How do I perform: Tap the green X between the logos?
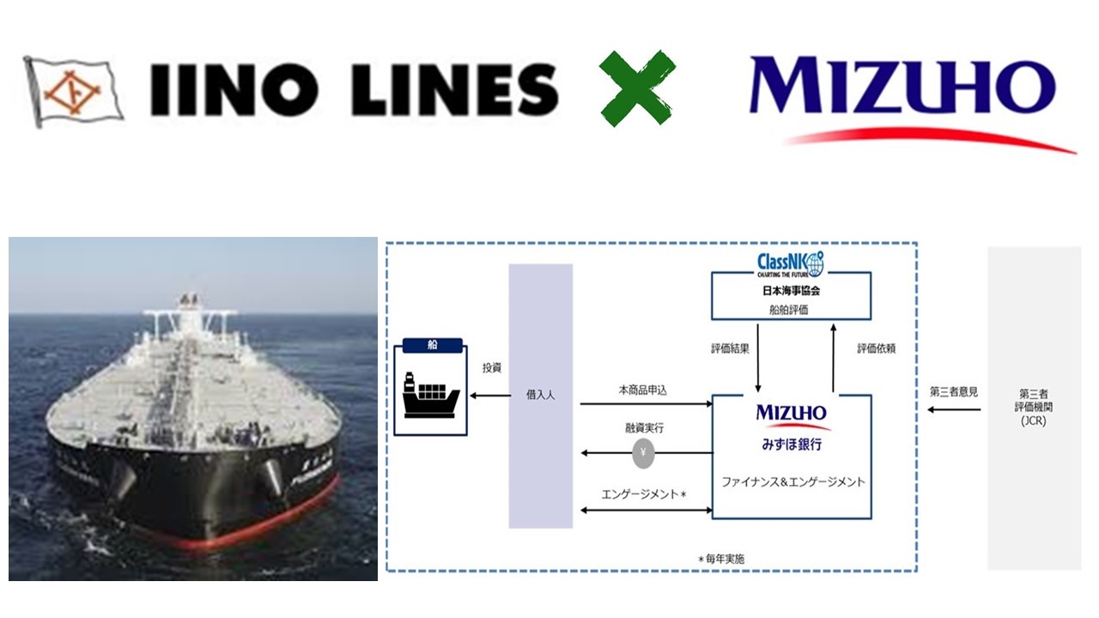tap(637, 88)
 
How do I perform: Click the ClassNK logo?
tap(791, 262)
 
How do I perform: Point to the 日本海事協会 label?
tap(791, 291)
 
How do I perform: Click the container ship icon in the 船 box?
tap(432, 395)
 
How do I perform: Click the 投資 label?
tap(492, 367)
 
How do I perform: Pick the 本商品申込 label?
tap(642, 390)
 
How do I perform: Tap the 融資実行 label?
tap(644, 427)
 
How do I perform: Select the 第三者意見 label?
tap(954, 391)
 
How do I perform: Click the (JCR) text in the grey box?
tap(1034, 421)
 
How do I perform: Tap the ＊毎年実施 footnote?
tap(720, 559)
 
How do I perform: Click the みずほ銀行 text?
tap(791, 445)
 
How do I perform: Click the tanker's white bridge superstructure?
tap(189, 318)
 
